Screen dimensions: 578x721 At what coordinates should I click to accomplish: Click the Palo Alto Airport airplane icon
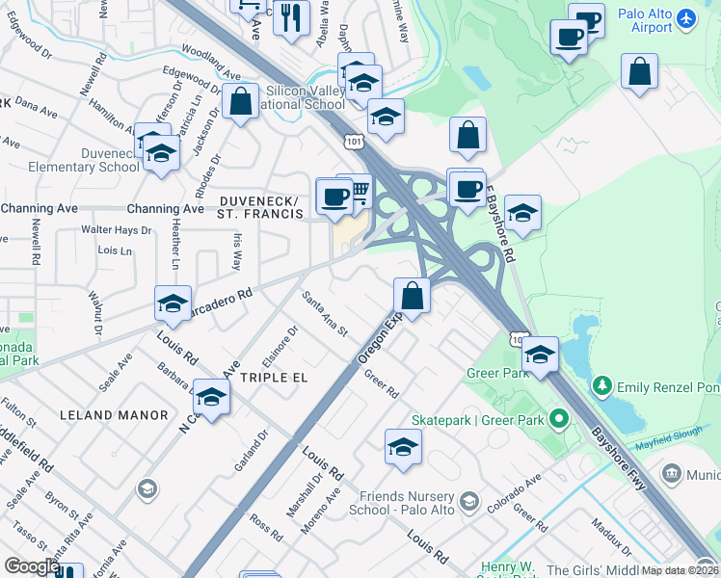685,17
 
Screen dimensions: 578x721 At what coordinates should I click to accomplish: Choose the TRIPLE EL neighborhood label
274,378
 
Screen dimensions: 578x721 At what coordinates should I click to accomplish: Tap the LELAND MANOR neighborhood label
101,414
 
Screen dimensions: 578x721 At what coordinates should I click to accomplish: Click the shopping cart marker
356,191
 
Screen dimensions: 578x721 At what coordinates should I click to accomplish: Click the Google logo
31,566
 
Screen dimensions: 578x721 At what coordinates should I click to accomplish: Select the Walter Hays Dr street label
116,230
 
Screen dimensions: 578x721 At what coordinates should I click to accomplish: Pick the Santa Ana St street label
324,313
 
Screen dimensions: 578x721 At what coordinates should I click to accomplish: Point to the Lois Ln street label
114,250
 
